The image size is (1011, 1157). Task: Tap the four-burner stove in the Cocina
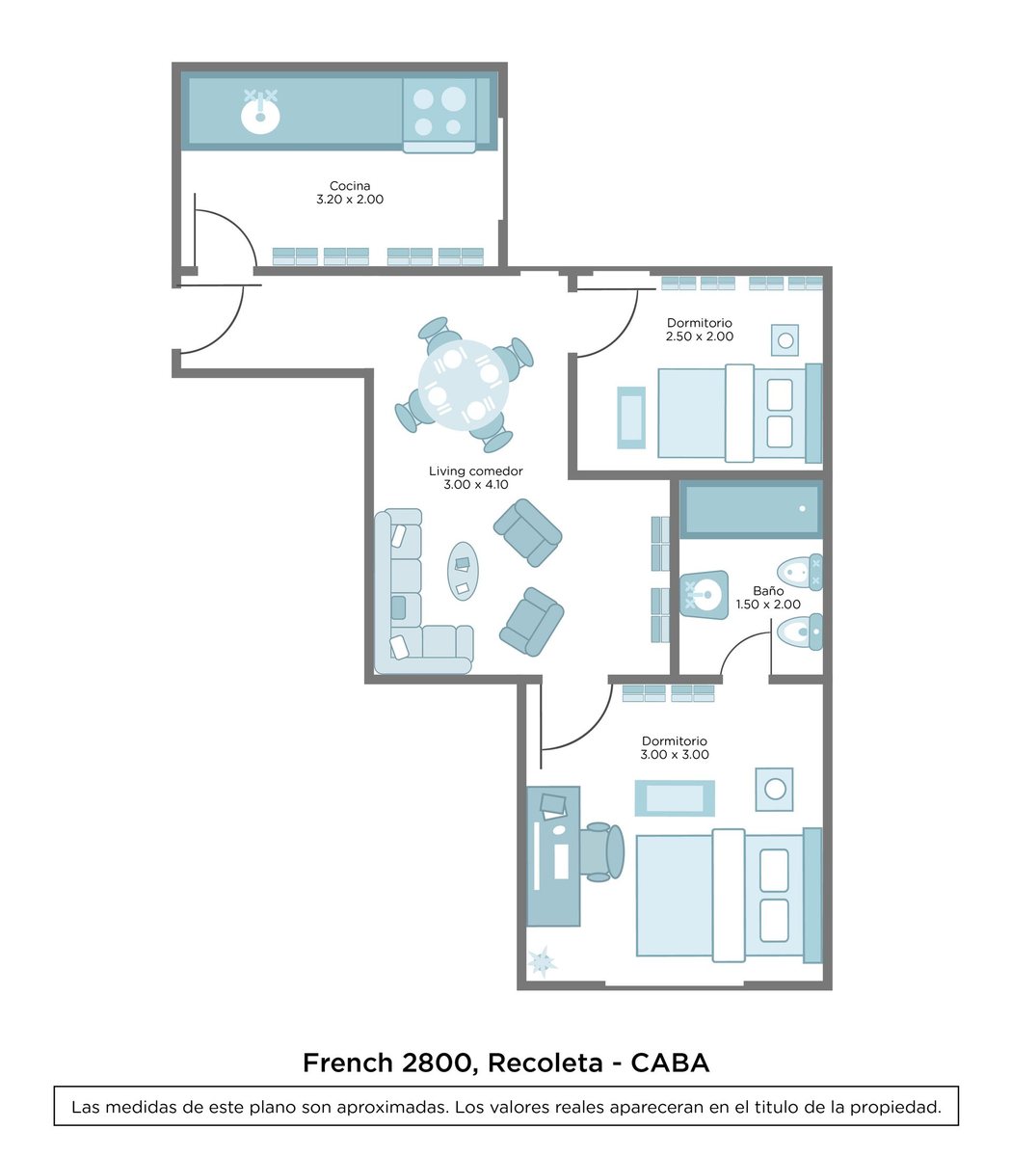coord(439,114)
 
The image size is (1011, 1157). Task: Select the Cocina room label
coord(350,185)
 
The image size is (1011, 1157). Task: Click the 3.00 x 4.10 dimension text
coord(476,485)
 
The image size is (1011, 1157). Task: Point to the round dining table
coord(464,385)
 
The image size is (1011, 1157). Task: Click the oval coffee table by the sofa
coord(463,571)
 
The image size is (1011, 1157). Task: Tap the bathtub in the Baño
coord(751,509)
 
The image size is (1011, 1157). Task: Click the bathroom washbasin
coord(704,594)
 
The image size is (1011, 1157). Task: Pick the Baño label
coord(768,591)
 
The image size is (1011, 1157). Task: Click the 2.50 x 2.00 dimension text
coord(699,336)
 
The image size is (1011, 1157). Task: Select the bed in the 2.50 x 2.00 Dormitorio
coord(740,413)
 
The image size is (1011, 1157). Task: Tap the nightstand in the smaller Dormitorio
coord(785,339)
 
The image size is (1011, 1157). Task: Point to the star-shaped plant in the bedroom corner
coord(542,961)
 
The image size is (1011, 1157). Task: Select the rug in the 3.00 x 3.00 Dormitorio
coord(675,798)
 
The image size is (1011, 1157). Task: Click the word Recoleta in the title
coord(545,1063)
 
